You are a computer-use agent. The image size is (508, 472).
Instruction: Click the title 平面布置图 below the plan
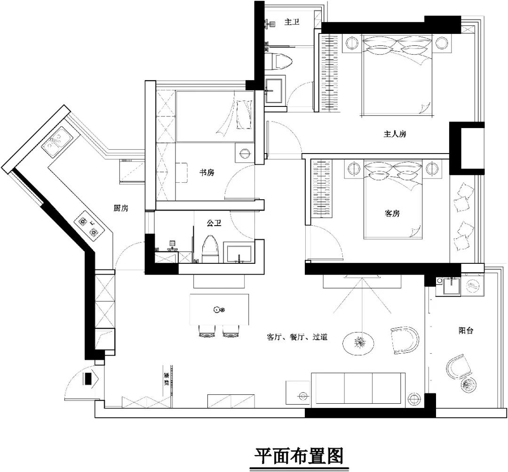pos(299,456)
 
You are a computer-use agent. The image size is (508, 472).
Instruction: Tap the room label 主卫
pos(292,22)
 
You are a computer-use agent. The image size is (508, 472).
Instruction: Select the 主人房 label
pos(394,134)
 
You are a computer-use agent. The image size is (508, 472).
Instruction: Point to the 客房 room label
pos(392,213)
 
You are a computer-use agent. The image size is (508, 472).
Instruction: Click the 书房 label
pos(207,173)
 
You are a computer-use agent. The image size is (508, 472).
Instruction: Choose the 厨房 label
pos(121,208)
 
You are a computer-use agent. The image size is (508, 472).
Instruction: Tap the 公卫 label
pos(214,223)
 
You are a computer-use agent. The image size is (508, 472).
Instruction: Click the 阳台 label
pos(466,331)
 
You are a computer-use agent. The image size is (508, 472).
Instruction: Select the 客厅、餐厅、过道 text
pos(297,337)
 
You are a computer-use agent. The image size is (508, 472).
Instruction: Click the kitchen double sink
pos(57,142)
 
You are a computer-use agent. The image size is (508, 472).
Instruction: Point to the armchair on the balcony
pos(458,367)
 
